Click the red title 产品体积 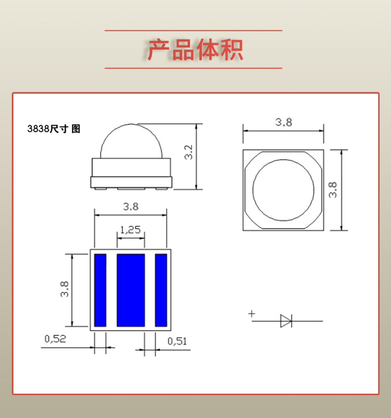point(195,50)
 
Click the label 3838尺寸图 point(54,129)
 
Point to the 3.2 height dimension point(189,152)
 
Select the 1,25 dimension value point(130,230)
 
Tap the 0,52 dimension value point(55,339)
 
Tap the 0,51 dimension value point(177,341)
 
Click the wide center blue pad point(131,290)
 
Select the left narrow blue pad point(100,290)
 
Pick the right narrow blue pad point(161,290)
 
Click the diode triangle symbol point(286,321)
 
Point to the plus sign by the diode point(252,314)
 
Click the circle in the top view point(283,190)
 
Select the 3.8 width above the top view point(283,122)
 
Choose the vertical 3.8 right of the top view point(333,190)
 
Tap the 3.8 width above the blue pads point(131,207)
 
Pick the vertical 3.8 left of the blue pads point(64,289)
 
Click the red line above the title point(193,30)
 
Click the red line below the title point(193,68)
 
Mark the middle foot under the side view point(131,188)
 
